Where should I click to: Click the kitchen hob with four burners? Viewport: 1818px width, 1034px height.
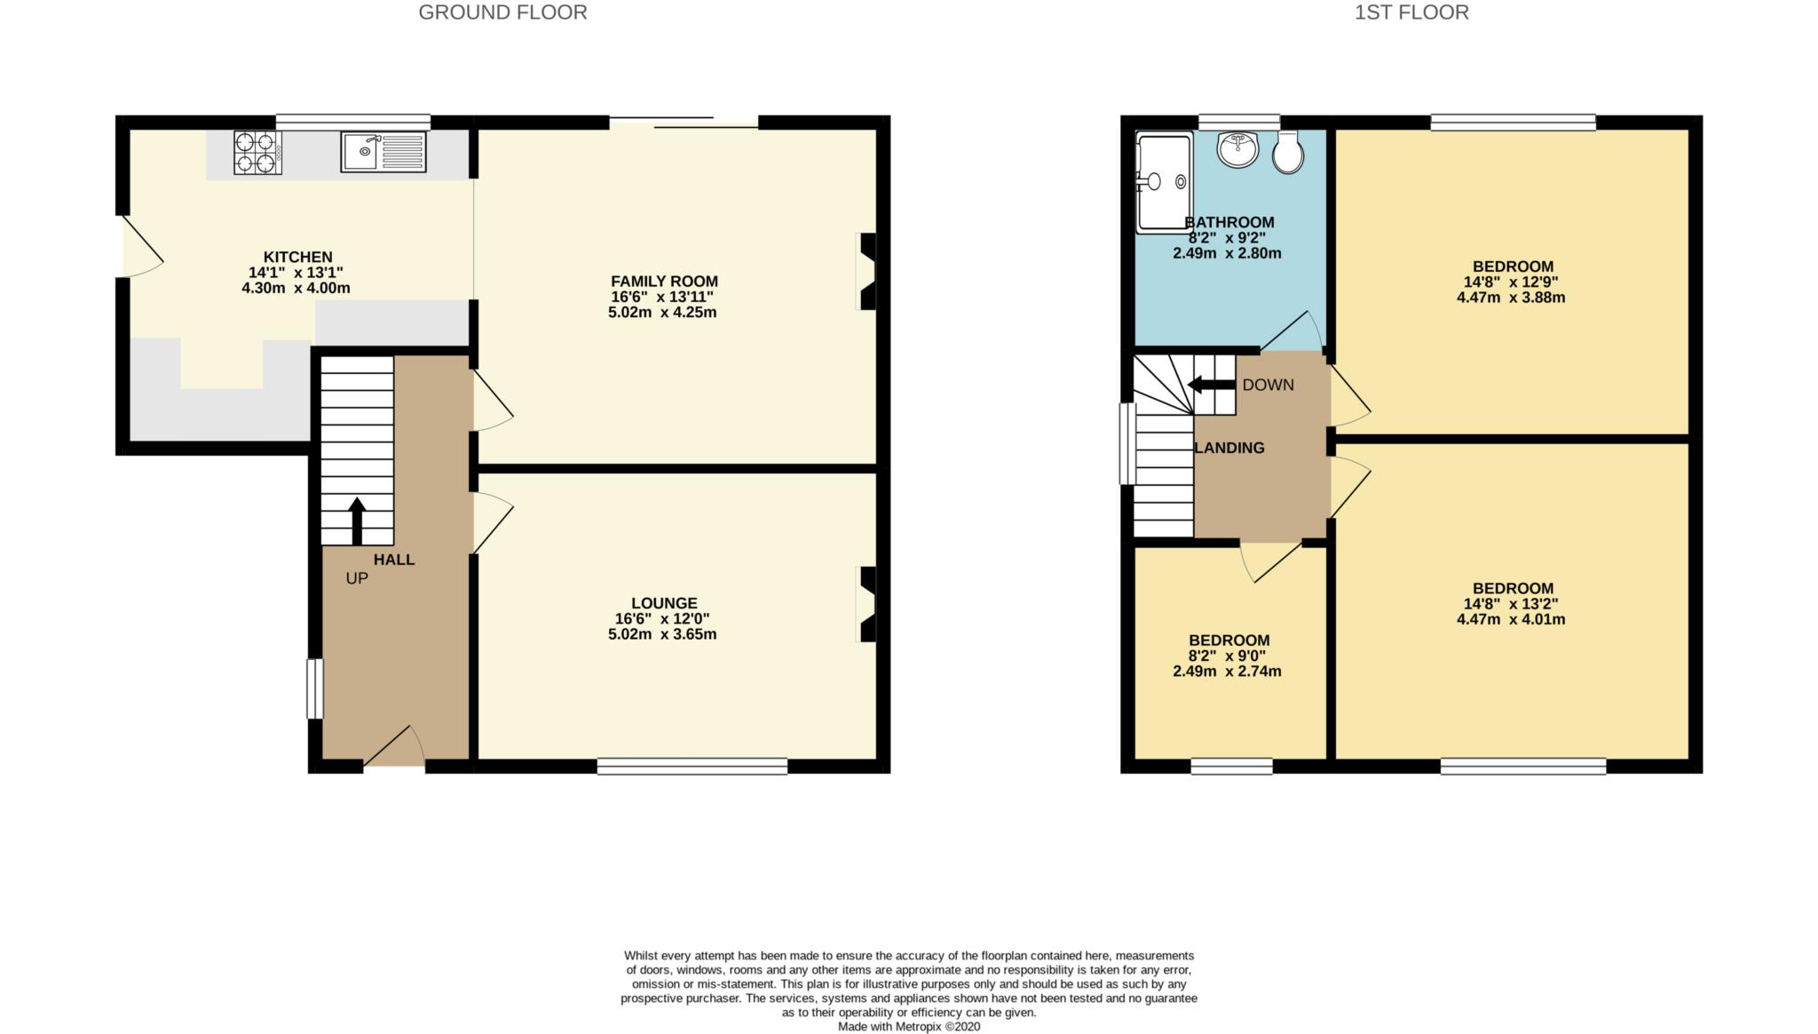click(257, 152)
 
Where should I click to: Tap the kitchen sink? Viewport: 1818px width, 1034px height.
click(383, 152)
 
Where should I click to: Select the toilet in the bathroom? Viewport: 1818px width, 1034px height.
click(1287, 153)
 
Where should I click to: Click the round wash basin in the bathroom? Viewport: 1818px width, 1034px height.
click(1237, 150)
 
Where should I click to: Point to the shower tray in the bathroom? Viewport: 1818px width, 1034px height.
click(1164, 183)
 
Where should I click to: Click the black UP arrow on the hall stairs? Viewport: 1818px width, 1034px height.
click(357, 521)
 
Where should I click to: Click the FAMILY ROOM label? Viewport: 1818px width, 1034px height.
click(664, 282)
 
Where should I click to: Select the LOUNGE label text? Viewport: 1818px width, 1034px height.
click(664, 603)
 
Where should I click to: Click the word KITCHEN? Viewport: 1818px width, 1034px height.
click(297, 258)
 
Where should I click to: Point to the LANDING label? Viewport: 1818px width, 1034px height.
click(1229, 448)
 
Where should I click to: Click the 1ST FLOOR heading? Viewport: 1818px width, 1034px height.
click(1411, 12)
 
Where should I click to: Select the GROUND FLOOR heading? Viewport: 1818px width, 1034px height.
click(502, 12)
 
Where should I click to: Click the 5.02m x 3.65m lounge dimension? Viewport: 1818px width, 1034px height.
click(662, 634)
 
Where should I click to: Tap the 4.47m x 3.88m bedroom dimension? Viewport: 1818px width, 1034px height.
click(1511, 298)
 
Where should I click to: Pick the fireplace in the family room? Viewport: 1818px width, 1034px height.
click(866, 272)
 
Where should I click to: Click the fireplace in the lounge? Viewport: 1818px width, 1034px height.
click(866, 604)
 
